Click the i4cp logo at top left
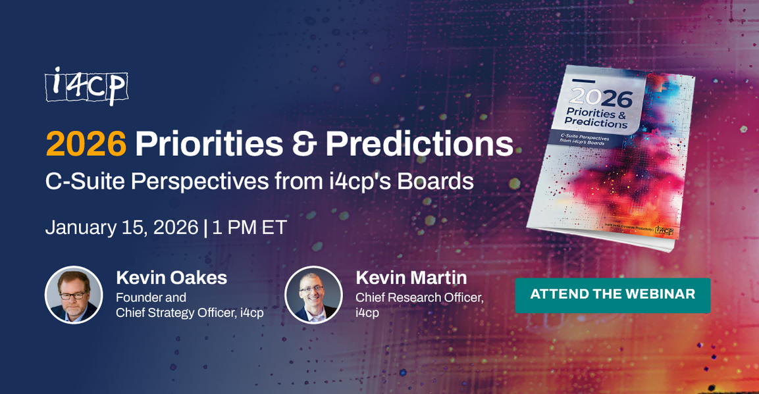click(x=86, y=86)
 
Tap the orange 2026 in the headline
click(x=86, y=144)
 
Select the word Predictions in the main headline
click(x=419, y=144)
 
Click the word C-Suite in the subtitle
click(x=84, y=182)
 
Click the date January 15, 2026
click(x=122, y=227)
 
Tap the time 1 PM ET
click(x=249, y=227)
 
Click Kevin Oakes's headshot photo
click(x=74, y=295)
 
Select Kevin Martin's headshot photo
click(x=313, y=295)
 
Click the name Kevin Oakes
click(x=171, y=278)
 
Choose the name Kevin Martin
click(x=411, y=278)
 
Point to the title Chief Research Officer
click(x=419, y=297)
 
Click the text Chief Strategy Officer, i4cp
click(x=190, y=313)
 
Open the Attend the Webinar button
click(x=612, y=294)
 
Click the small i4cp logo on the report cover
click(x=664, y=231)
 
